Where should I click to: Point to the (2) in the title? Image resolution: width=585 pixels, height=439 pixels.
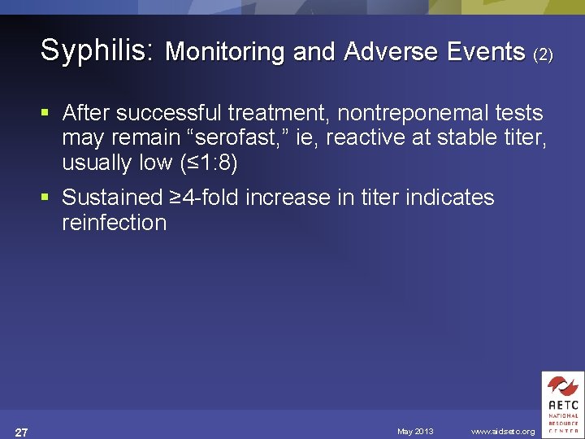(x=544, y=54)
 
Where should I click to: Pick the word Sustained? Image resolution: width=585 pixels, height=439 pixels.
(x=112, y=197)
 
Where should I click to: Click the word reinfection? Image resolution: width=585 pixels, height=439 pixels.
(x=114, y=222)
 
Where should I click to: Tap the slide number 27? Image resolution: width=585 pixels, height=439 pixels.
(x=22, y=431)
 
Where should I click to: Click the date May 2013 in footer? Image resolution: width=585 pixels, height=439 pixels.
(x=415, y=431)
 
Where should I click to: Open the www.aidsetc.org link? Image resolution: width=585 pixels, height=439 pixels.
(x=503, y=431)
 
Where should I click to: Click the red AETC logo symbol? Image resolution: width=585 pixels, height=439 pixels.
(x=562, y=385)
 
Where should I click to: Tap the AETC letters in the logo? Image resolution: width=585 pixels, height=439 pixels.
(x=562, y=404)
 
